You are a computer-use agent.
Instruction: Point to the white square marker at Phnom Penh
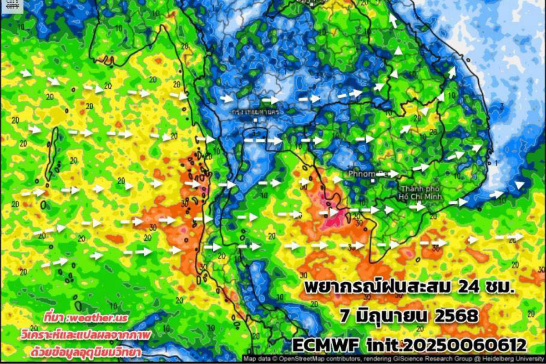(x=372, y=181)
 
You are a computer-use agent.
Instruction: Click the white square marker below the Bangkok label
(x=256, y=121)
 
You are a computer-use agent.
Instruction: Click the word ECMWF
(x=325, y=344)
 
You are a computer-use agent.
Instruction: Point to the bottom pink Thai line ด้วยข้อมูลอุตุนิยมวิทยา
(x=86, y=351)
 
